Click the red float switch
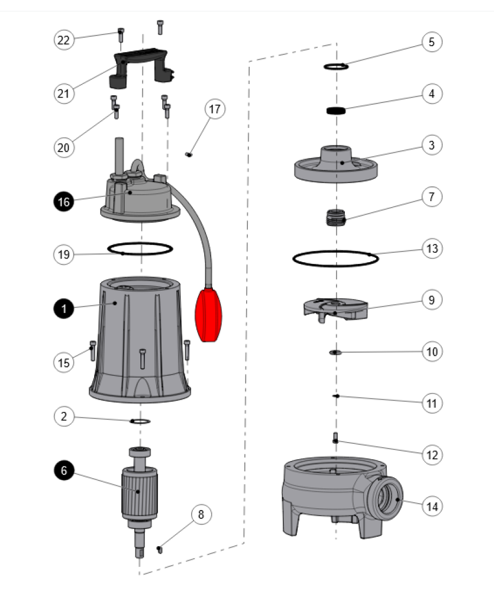tap(209, 314)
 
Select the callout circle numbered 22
tap(63, 40)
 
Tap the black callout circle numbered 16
tap(63, 202)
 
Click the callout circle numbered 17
tap(215, 109)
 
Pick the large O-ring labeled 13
tap(335, 253)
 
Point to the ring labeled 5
tap(335, 66)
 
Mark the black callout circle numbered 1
tap(63, 308)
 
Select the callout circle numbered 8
tap(201, 514)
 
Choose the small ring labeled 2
tap(140, 421)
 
